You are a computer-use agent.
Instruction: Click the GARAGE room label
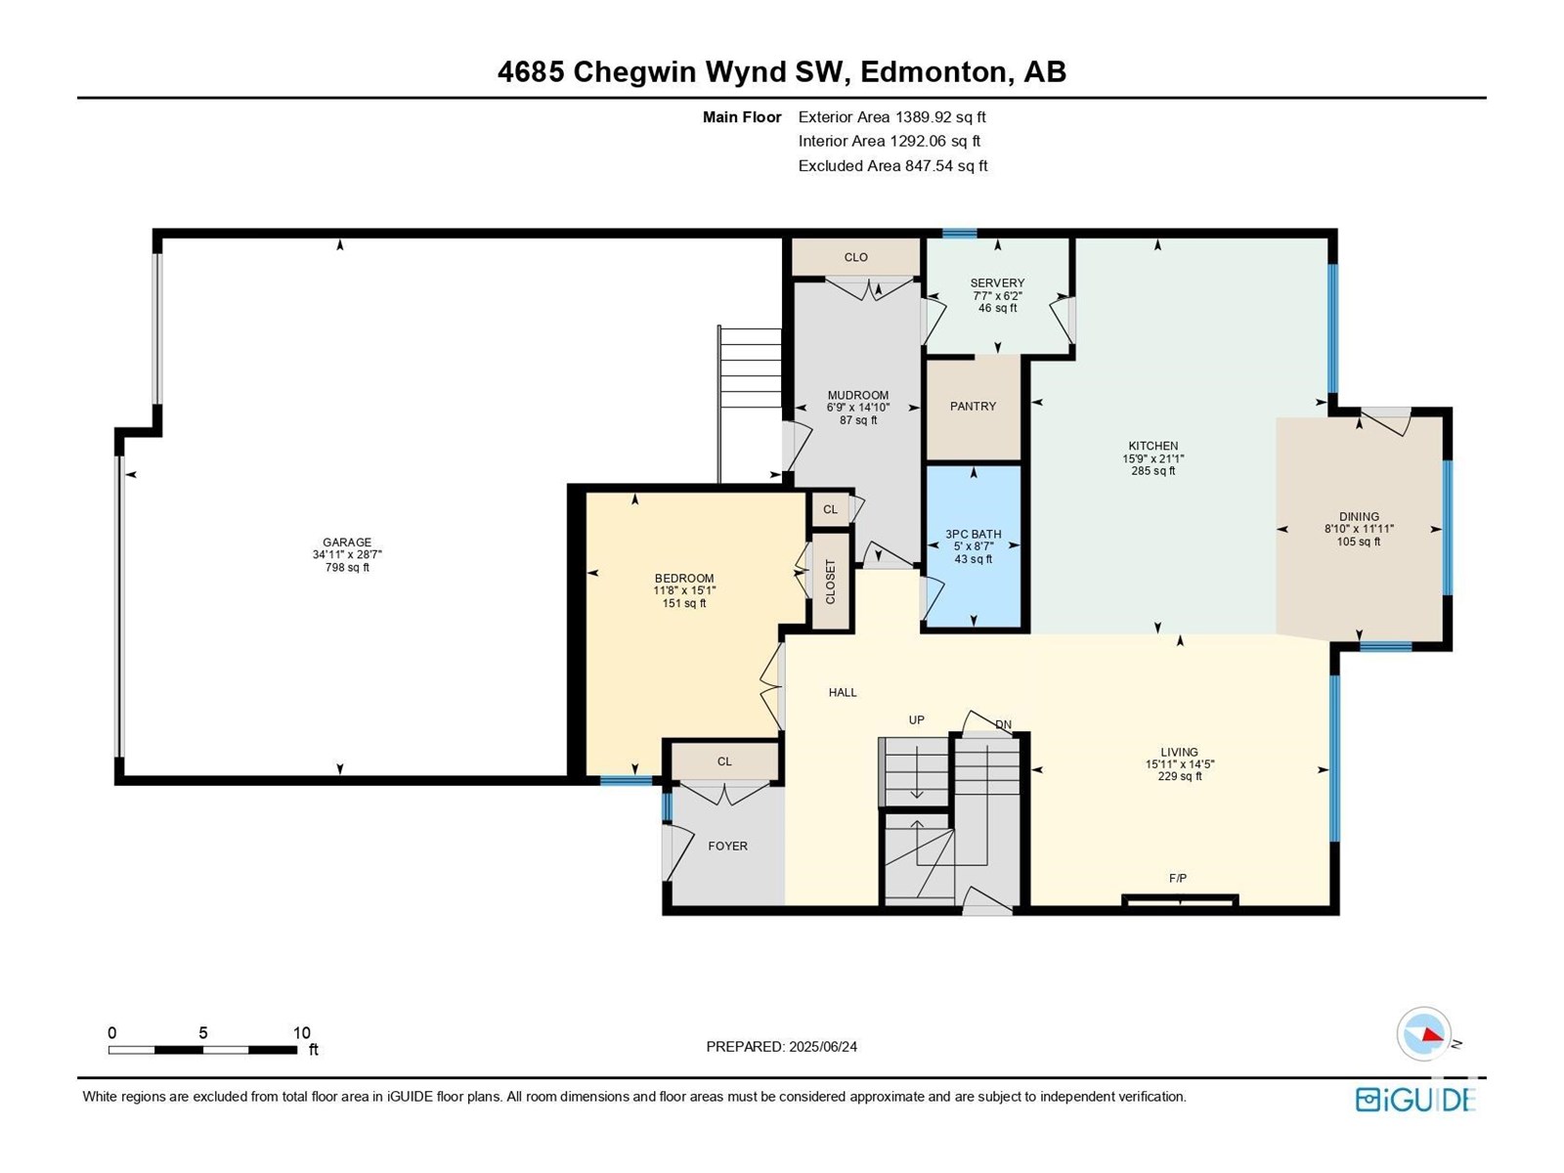(x=347, y=542)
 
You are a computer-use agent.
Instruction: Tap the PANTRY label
(x=973, y=406)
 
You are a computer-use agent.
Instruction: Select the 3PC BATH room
(x=974, y=546)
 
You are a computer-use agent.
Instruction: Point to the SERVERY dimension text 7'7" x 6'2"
(x=997, y=295)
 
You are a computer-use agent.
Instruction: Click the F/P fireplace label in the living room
(x=1178, y=878)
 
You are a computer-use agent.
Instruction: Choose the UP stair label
(x=916, y=720)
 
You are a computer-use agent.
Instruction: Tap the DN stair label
(x=1003, y=724)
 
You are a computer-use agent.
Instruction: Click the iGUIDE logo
(x=1415, y=1100)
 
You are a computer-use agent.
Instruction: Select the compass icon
(x=1423, y=1033)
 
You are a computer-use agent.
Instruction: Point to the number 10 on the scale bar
(x=301, y=1032)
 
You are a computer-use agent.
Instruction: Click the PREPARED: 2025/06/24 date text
(x=782, y=1046)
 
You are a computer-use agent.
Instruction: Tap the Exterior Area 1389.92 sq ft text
(x=892, y=116)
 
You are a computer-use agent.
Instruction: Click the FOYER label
(x=727, y=847)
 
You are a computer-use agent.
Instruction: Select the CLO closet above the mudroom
(x=855, y=257)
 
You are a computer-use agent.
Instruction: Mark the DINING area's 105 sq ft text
(x=1359, y=542)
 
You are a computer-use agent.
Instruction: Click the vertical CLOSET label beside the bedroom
(x=830, y=582)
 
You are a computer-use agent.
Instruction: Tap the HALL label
(x=843, y=692)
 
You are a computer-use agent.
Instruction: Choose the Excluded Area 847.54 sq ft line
(x=892, y=166)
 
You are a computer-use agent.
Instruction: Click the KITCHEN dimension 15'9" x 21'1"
(x=1152, y=458)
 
